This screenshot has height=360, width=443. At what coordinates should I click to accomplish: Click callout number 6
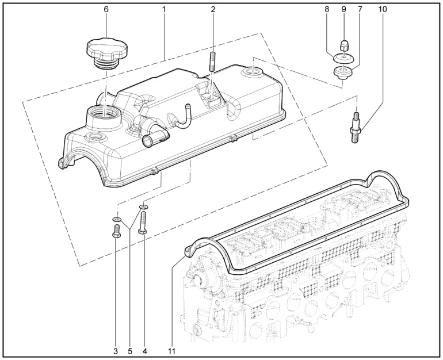click(106, 10)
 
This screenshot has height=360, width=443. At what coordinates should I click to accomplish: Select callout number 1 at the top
click(164, 10)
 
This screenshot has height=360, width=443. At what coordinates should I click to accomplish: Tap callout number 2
click(213, 10)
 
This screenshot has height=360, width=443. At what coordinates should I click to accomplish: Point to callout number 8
click(327, 10)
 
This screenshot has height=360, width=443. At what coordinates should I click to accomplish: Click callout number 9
click(343, 10)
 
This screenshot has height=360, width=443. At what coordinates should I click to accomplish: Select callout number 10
click(384, 10)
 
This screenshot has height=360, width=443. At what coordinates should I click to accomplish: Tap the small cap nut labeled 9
click(343, 45)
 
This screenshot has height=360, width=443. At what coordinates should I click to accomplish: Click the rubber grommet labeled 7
click(343, 72)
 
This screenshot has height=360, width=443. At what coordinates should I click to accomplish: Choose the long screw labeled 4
click(143, 222)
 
